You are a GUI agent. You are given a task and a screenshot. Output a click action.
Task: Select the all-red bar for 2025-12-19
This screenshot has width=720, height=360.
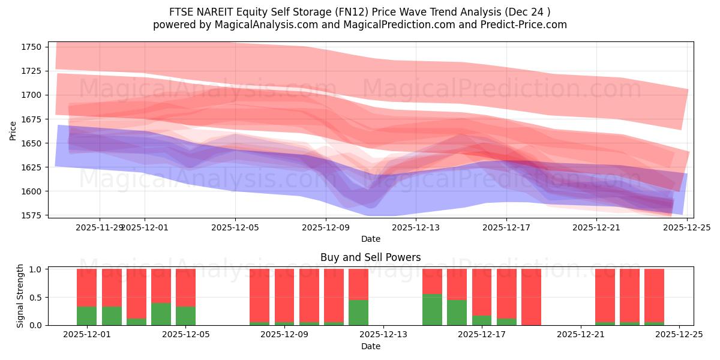coord(531,297)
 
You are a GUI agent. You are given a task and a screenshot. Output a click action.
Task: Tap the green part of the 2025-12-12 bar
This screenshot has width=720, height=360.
coord(358,313)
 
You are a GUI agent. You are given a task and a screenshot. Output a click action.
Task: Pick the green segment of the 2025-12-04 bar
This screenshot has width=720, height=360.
coord(161,314)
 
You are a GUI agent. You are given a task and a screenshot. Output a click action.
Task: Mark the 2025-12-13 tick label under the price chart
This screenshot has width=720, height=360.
coord(416,227)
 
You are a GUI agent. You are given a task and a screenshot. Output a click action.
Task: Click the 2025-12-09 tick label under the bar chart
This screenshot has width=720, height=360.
coord(284,335)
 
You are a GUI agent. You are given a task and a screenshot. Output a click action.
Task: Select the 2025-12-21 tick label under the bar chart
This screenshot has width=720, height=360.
coord(581,335)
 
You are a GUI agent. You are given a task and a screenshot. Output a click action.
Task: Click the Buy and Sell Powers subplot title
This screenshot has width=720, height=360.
coord(370,257)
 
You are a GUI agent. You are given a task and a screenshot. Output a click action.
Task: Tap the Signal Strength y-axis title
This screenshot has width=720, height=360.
coord(20,296)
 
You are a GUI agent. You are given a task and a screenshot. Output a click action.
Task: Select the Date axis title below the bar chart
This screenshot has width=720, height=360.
coord(370,346)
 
